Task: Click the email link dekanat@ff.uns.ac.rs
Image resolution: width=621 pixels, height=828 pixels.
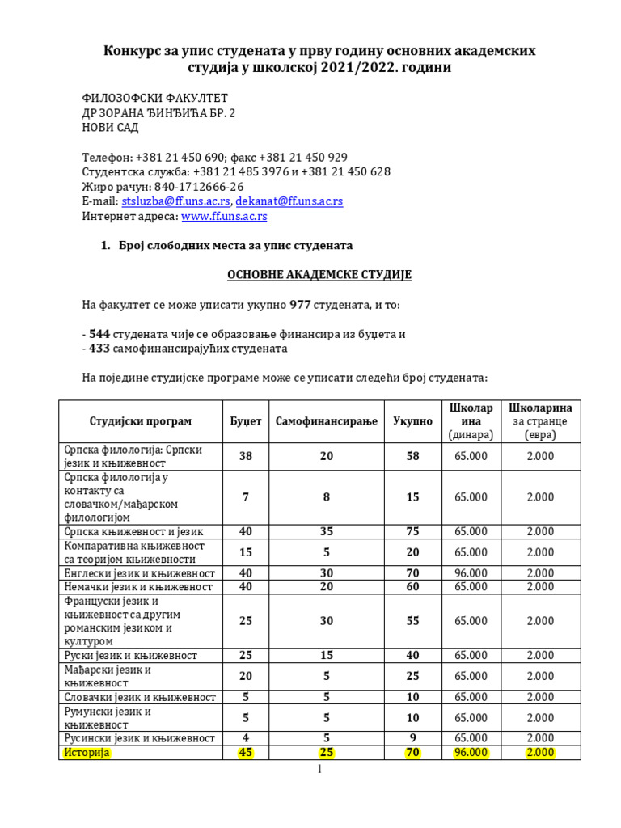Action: pos(289,201)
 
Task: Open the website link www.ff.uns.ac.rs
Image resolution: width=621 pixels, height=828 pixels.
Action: pos(224,217)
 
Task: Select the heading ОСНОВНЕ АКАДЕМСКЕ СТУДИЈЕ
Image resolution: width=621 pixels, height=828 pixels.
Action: pos(319,275)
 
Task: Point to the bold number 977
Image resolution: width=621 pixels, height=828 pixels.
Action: pos(301,306)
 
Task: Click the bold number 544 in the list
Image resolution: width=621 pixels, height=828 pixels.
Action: pos(99,333)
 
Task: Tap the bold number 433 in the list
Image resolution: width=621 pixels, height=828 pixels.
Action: pos(99,349)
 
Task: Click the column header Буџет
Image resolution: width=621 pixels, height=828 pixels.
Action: pos(246,421)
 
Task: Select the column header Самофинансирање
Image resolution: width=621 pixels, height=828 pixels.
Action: pos(326,421)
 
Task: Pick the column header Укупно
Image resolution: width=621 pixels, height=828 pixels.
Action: pos(412,421)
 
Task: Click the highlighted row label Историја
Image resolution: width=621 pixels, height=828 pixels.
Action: pos(87,753)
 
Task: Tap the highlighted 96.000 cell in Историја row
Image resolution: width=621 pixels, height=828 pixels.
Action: pos(471,753)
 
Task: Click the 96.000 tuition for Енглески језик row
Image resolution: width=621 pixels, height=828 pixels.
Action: pos(471,572)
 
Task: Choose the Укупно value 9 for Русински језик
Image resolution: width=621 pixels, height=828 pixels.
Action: pos(412,738)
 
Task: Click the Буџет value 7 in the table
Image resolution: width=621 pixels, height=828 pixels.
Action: pos(246,497)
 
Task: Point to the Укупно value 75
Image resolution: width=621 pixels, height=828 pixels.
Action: pos(412,531)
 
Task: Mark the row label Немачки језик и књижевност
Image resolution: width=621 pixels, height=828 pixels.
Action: pos(137,586)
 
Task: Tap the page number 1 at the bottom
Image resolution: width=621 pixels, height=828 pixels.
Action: pos(319,771)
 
